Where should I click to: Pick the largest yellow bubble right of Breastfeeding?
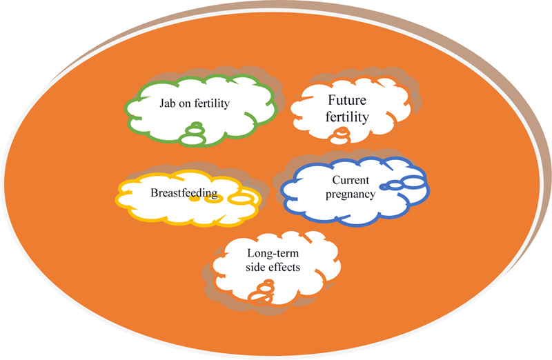(241, 199)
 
